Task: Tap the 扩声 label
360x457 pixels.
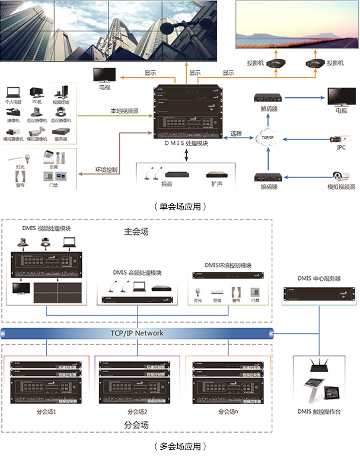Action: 214,186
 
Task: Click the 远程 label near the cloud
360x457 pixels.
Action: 237,134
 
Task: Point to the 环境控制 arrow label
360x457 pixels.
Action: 107,170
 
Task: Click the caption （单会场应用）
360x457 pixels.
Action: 180,207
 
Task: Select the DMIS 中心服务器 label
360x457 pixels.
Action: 319,278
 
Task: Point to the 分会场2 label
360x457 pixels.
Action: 136,411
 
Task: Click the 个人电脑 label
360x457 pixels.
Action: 14,101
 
